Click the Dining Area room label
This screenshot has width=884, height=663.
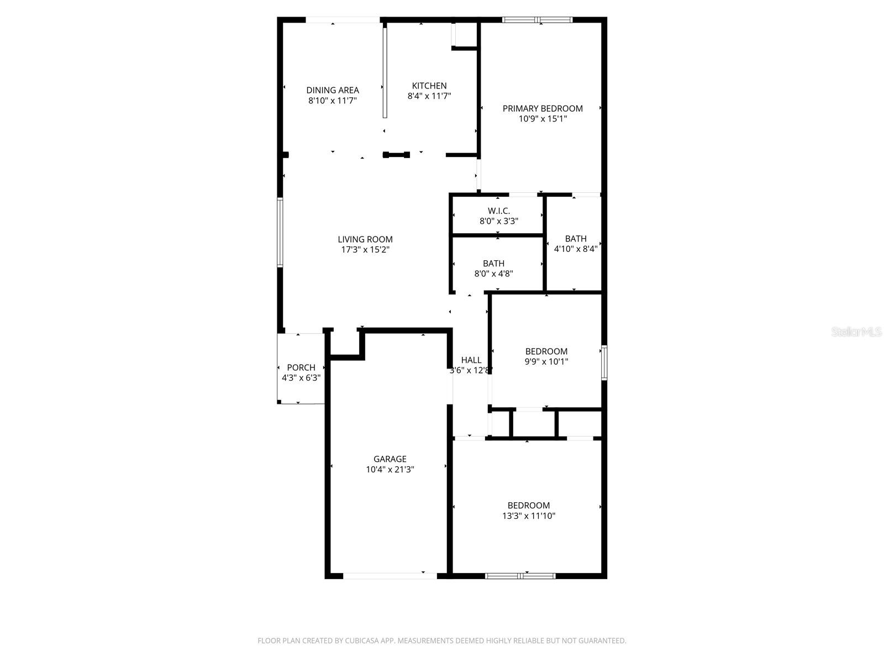(333, 90)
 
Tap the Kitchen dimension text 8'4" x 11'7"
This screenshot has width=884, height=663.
(429, 96)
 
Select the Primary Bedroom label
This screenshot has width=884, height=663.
(543, 108)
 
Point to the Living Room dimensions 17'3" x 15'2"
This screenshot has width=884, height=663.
(365, 250)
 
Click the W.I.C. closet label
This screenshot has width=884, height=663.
(498, 211)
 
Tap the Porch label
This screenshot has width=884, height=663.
(301, 367)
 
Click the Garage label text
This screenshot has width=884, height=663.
(390, 459)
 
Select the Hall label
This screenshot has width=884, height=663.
(471, 360)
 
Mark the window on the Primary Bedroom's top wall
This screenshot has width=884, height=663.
(537, 20)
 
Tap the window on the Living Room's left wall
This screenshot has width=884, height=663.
(280, 233)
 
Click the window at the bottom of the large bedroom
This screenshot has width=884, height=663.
(520, 576)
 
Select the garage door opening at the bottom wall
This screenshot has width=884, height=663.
(390, 576)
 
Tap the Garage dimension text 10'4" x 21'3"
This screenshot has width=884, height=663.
(390, 470)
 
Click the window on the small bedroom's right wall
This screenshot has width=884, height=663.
(604, 362)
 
